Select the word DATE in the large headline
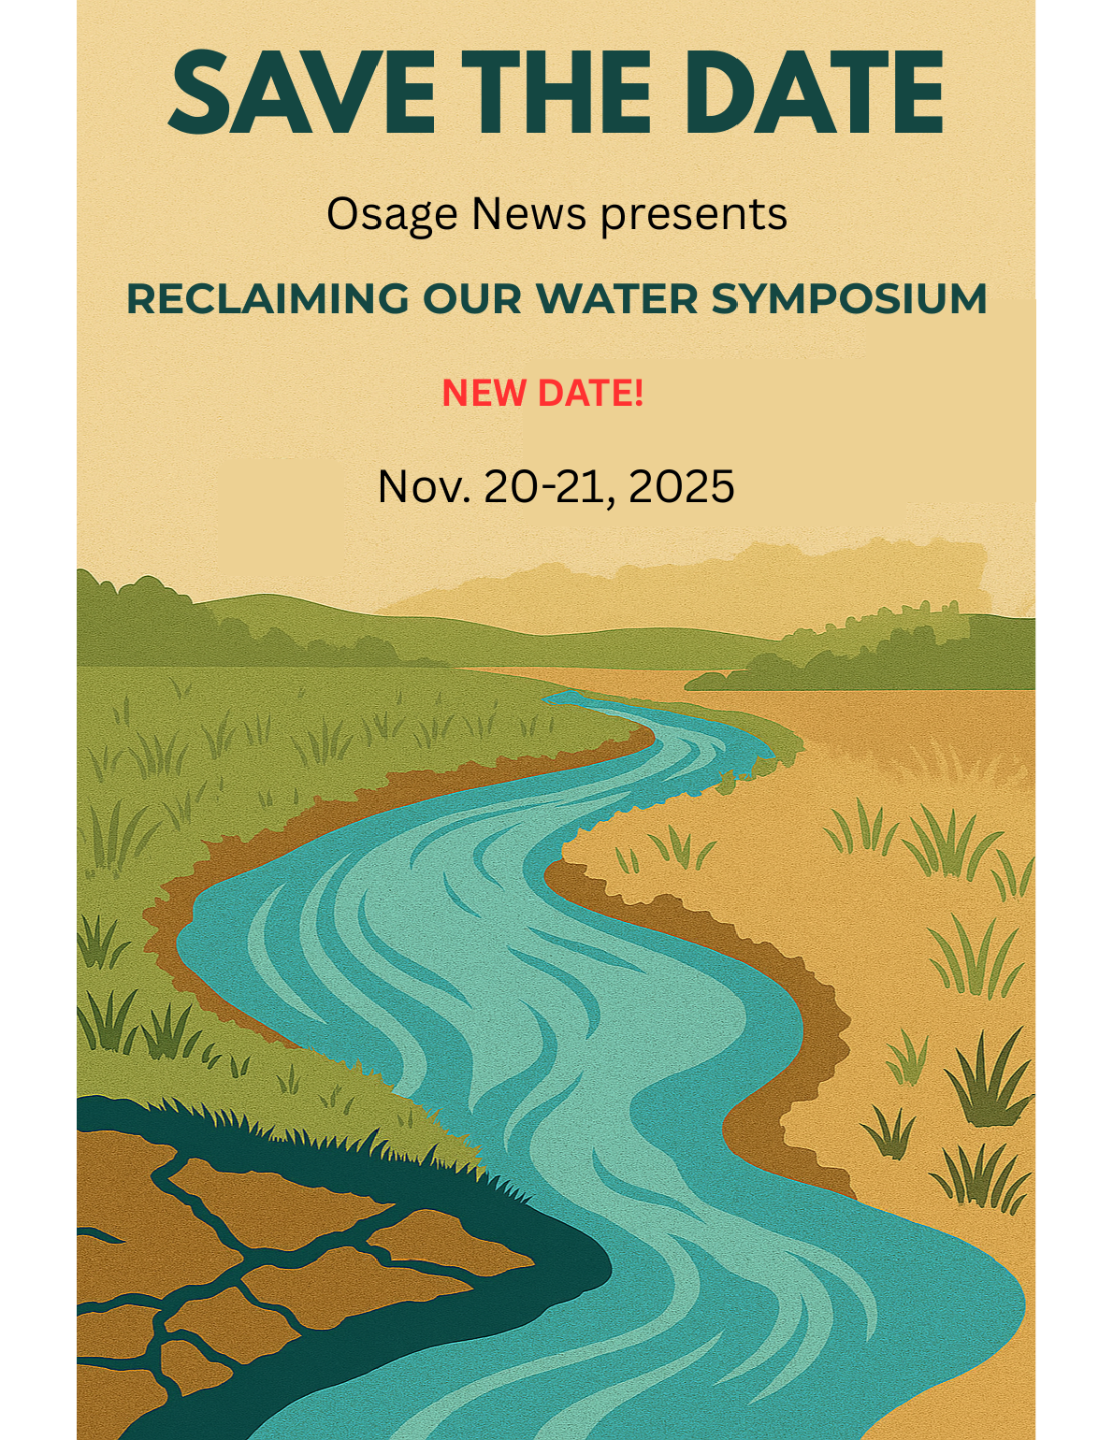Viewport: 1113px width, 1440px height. click(813, 92)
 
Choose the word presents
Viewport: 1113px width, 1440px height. click(693, 215)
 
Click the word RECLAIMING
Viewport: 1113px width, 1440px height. click(267, 299)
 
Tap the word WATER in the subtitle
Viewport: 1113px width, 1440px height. click(616, 299)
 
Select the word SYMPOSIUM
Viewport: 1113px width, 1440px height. click(848, 299)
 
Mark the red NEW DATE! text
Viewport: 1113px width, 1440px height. click(542, 393)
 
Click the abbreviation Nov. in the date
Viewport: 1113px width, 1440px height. click(424, 487)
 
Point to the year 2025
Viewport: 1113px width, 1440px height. click(681, 487)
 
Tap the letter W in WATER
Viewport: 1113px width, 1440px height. click(557, 299)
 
